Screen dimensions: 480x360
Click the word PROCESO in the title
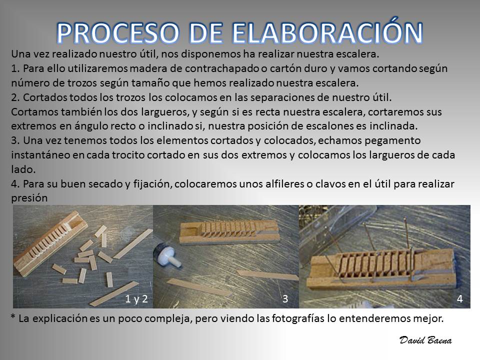pyautogui.click(x=118, y=32)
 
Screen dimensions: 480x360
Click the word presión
pyautogui.click(x=29, y=198)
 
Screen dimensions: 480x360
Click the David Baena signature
pyautogui.click(x=425, y=340)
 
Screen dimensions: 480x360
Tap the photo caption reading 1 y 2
pyautogui.click(x=136, y=299)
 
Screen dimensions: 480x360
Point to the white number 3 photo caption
pyautogui.click(x=285, y=299)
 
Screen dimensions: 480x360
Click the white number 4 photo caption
pyautogui.click(x=460, y=299)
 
